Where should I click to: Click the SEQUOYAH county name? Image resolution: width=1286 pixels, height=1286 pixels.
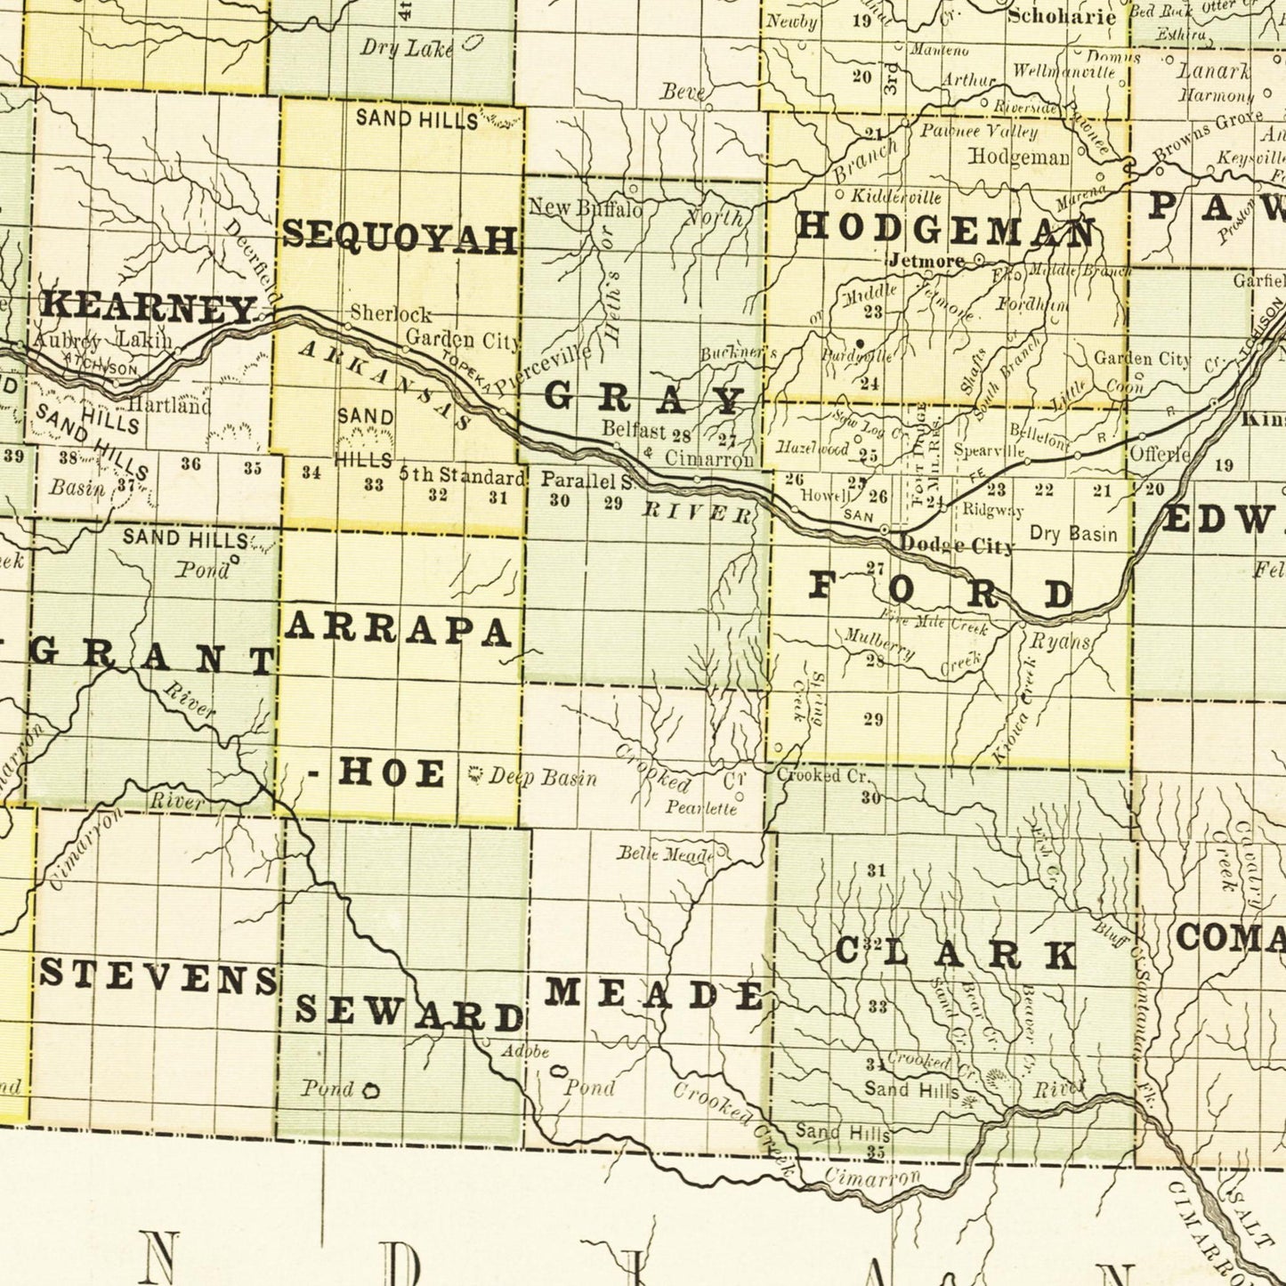tap(400, 239)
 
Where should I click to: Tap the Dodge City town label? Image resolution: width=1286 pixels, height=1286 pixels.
tap(956, 546)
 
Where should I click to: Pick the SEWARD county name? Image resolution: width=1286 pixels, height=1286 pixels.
tap(408, 1012)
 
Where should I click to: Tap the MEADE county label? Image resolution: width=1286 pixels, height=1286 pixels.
tap(654, 993)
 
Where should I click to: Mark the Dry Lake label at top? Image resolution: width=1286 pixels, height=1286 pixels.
tap(406, 48)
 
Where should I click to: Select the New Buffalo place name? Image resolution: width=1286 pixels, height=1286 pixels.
tap(585, 209)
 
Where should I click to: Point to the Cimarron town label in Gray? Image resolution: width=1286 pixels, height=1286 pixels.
tap(709, 459)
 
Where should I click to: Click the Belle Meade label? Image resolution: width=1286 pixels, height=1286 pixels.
tap(666, 854)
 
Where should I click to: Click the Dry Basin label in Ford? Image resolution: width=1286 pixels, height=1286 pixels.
tap(1072, 534)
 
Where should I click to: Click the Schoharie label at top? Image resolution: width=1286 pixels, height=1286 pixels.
tap(1061, 17)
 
